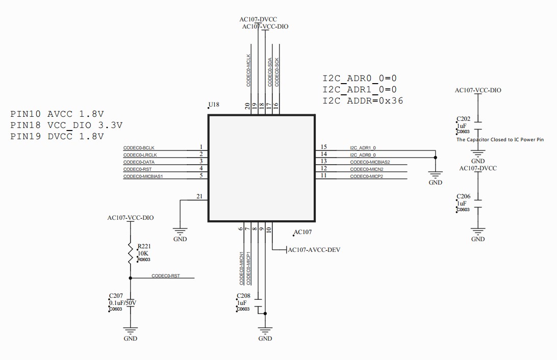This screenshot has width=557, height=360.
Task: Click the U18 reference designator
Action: pyautogui.click(x=214, y=105)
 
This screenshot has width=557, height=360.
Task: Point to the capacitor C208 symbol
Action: pyautogui.click(x=258, y=302)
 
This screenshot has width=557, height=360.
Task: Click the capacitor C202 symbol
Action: pyautogui.click(x=478, y=125)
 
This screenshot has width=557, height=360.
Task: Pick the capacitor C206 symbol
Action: pyautogui.click(x=478, y=203)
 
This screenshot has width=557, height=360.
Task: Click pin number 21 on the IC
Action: pyautogui.click(x=199, y=196)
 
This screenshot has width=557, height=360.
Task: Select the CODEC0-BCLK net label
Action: pyautogui.click(x=139, y=148)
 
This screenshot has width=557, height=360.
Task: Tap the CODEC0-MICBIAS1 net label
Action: pyautogui.click(x=146, y=176)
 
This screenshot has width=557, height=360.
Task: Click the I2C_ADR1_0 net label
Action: pyautogui.click(x=363, y=148)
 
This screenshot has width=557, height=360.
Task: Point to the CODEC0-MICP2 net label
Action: pyautogui.click(x=366, y=176)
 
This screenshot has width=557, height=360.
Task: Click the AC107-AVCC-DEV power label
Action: pyautogui.click(x=314, y=250)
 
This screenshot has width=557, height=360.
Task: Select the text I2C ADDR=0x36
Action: pyautogui.click(x=363, y=100)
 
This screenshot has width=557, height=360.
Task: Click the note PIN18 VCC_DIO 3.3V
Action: pyautogui.click(x=66, y=125)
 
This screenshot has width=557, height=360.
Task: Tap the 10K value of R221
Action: pyautogui.click(x=143, y=253)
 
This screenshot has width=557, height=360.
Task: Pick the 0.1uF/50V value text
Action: pyautogui.click(x=122, y=302)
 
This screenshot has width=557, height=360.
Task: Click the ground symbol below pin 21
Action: pyautogui.click(x=180, y=233)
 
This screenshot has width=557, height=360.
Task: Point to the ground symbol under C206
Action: pyautogui.click(x=478, y=233)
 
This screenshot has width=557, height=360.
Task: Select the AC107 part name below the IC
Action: pyautogui.click(x=303, y=232)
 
